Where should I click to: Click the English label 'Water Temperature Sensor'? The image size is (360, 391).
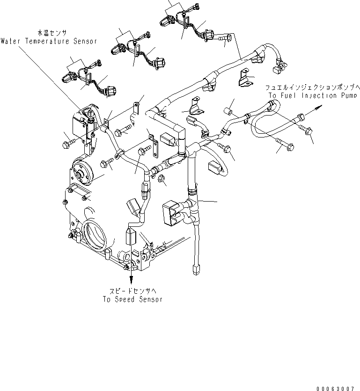49,41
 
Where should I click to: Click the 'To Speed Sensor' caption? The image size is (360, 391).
132,299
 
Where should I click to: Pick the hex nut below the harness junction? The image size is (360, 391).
161,179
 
